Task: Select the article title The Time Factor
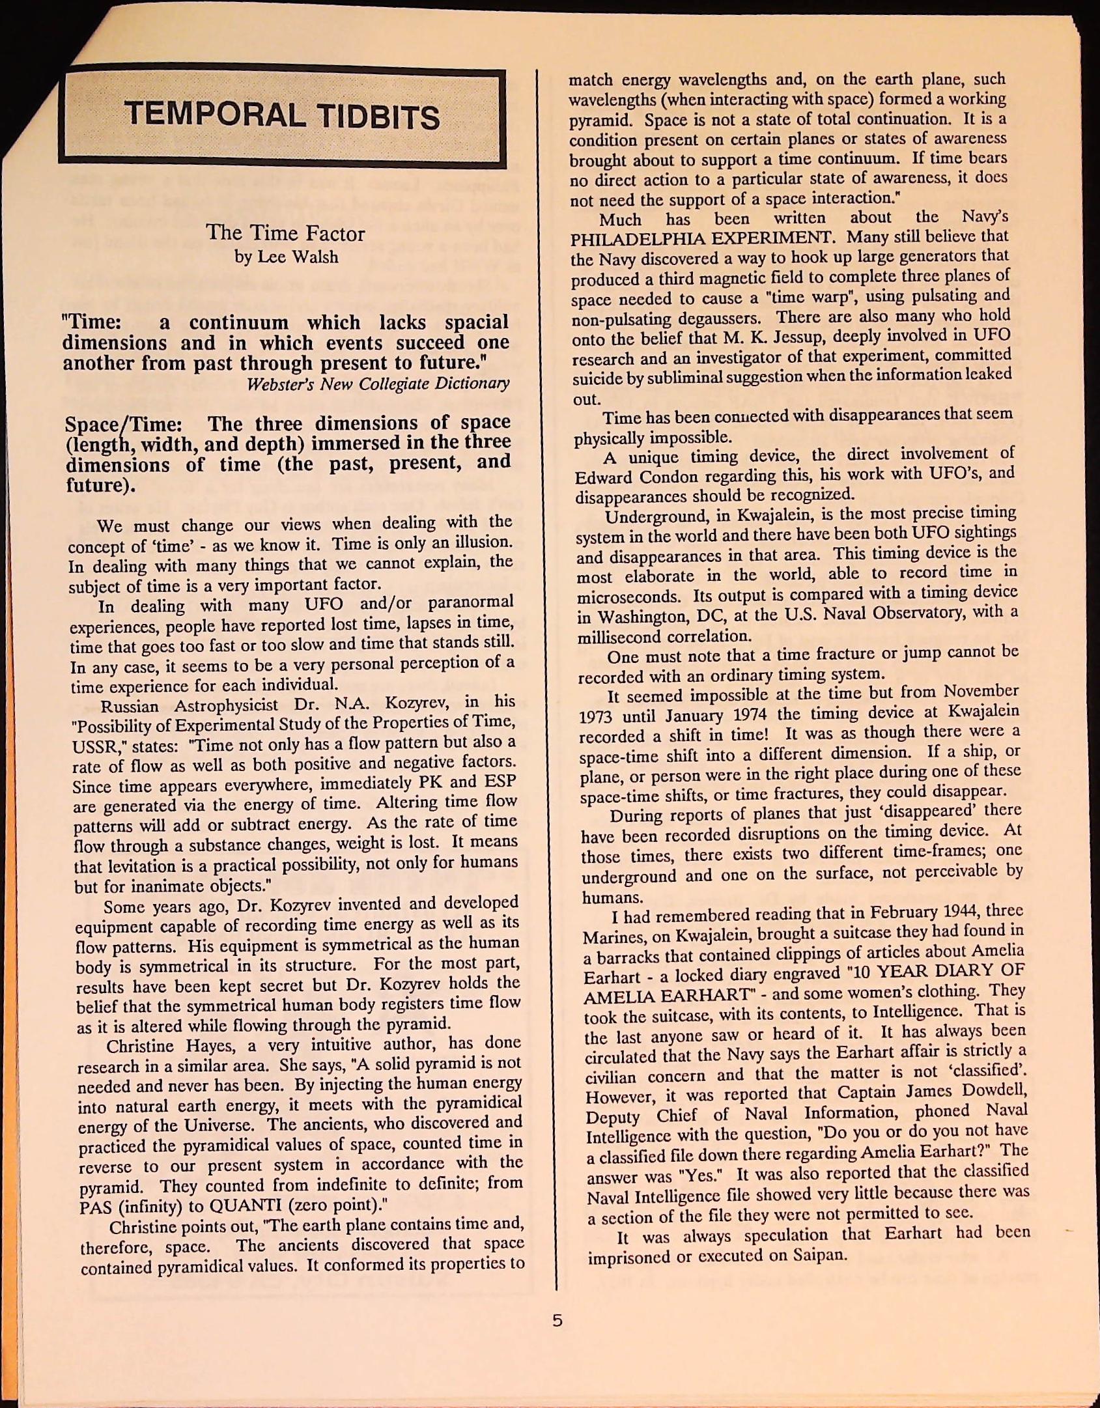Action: [x=285, y=233]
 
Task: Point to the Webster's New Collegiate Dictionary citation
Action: [x=378, y=384]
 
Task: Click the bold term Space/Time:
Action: [x=123, y=425]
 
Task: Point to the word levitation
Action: [x=129, y=867]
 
